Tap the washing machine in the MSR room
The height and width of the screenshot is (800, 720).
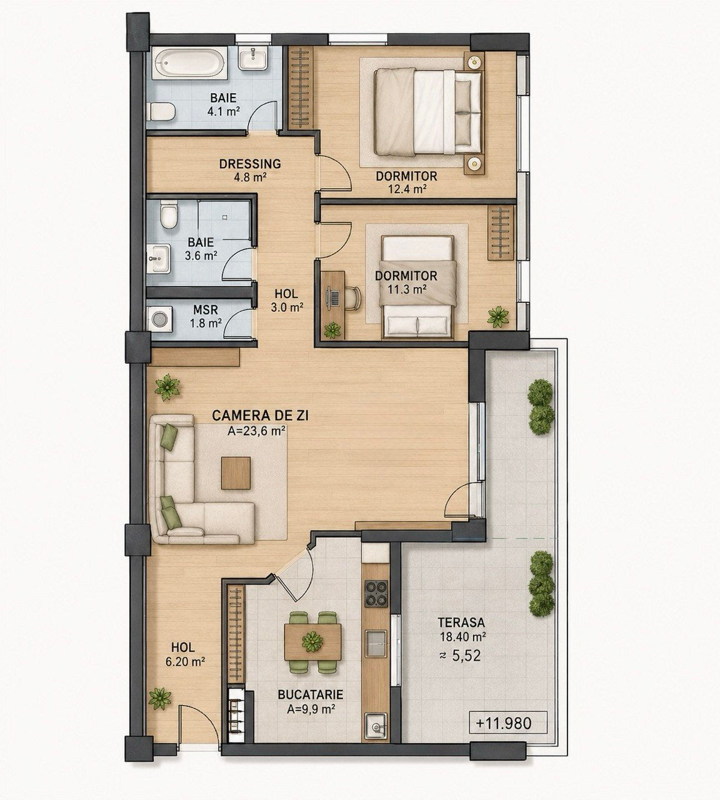[159, 319]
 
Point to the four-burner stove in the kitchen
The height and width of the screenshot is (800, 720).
[376, 593]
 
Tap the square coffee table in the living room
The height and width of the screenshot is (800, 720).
[236, 472]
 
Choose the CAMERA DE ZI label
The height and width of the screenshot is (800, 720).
[260, 416]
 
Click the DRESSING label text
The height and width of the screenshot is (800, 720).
[250, 164]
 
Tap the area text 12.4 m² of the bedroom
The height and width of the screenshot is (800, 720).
[406, 188]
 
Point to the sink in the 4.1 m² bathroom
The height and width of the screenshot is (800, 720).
[253, 58]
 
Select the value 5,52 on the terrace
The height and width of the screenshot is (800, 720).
[466, 655]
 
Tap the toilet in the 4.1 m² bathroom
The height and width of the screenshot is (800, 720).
[161, 112]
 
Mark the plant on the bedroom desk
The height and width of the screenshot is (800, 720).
[332, 330]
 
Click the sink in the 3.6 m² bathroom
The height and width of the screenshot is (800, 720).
[159, 258]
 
